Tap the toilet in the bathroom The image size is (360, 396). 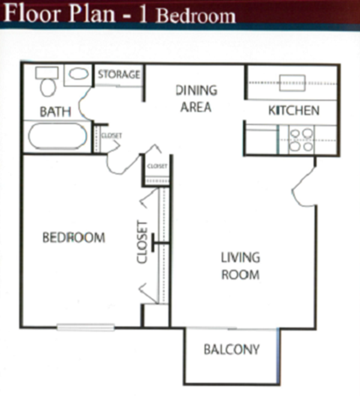(x=46, y=84)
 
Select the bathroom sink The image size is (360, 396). (x=77, y=75)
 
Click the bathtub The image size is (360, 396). (x=57, y=136)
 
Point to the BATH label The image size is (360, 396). (x=55, y=111)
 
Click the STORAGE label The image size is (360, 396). (x=119, y=75)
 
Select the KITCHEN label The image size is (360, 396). (x=293, y=110)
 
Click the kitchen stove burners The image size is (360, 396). (x=301, y=139)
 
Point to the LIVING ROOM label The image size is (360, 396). (x=240, y=266)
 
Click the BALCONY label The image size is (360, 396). (x=231, y=349)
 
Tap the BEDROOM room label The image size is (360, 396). (x=74, y=238)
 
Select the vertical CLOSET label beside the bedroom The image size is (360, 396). (x=142, y=242)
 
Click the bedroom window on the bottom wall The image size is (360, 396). (x=86, y=327)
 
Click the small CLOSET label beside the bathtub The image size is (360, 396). (x=112, y=136)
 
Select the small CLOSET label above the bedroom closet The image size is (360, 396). (x=157, y=166)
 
